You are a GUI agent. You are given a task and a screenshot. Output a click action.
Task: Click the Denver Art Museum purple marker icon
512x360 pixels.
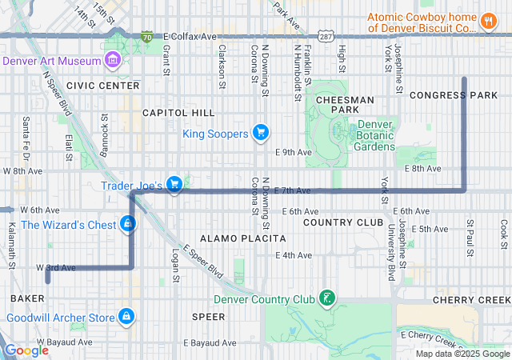click(x=111, y=61)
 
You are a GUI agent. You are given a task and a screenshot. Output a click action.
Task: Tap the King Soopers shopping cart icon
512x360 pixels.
click(x=260, y=133)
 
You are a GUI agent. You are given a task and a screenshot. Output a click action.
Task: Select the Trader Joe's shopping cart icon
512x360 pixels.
click(x=174, y=185)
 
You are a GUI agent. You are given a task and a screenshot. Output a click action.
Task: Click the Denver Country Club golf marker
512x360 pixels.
click(x=326, y=299)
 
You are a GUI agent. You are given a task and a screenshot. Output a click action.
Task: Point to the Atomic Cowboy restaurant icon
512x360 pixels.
click(x=487, y=21)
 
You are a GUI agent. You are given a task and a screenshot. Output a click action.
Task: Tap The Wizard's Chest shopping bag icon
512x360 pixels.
click(x=127, y=224)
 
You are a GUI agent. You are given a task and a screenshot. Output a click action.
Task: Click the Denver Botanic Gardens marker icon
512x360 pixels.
click(x=340, y=131)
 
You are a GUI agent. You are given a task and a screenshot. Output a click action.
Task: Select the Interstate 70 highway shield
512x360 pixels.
click(x=146, y=37)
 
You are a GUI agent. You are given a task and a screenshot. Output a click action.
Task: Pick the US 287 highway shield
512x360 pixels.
click(x=324, y=37)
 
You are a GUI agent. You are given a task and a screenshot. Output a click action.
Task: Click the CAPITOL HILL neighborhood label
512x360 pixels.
click(x=178, y=113)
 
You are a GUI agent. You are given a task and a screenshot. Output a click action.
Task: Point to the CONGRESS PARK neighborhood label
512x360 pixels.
click(x=453, y=95)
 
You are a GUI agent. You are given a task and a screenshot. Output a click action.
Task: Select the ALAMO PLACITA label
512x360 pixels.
click(x=242, y=238)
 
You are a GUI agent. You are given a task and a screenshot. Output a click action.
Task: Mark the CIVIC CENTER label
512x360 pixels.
click(x=103, y=85)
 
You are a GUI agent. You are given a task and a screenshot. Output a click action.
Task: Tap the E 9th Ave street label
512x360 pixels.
click(x=292, y=152)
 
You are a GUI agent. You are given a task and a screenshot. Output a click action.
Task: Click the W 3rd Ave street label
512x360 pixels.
click(x=56, y=267)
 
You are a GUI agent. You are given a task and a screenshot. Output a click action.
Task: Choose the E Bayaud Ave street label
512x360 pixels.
click(x=206, y=342)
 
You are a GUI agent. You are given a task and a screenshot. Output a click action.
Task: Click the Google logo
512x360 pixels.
click(x=26, y=350)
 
